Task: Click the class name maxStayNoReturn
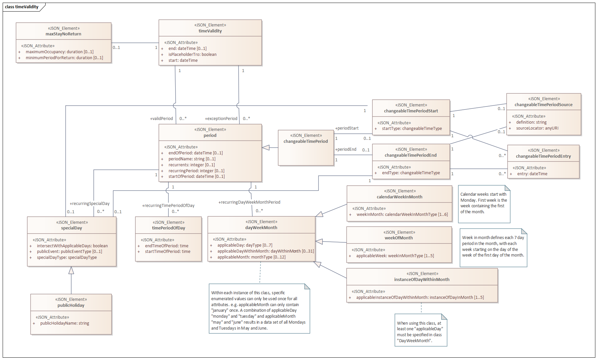pos(63,34)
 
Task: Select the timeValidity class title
pos(210,31)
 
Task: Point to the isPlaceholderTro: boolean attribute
pos(192,55)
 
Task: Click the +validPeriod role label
pos(162,119)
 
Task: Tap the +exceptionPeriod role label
pos(221,119)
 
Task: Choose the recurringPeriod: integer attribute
pos(196,171)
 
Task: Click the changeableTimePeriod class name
pos(306,141)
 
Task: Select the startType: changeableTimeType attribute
pos(412,129)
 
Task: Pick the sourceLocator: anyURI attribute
pos(537,128)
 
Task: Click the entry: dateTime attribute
pos(532,174)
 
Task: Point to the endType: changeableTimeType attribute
pos(411,173)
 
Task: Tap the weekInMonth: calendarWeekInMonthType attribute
pos(402,215)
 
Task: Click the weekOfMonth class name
pos(399,238)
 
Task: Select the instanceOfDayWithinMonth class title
pos(422,280)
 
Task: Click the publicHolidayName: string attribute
pos(65,323)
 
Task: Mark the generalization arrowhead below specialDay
pos(71,270)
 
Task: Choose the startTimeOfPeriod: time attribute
pos(168,252)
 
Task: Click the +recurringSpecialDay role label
pos(90,204)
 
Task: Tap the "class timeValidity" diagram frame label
pos(22,7)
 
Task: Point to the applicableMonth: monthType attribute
pos(251,257)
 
